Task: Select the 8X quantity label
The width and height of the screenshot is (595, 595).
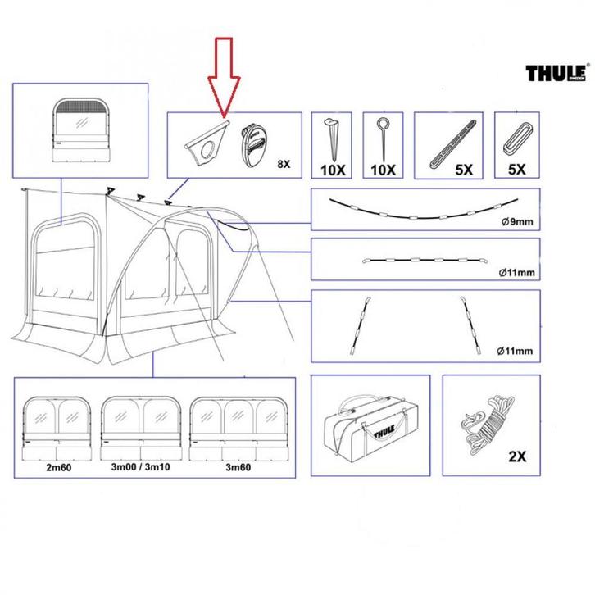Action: pyautogui.click(x=284, y=164)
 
